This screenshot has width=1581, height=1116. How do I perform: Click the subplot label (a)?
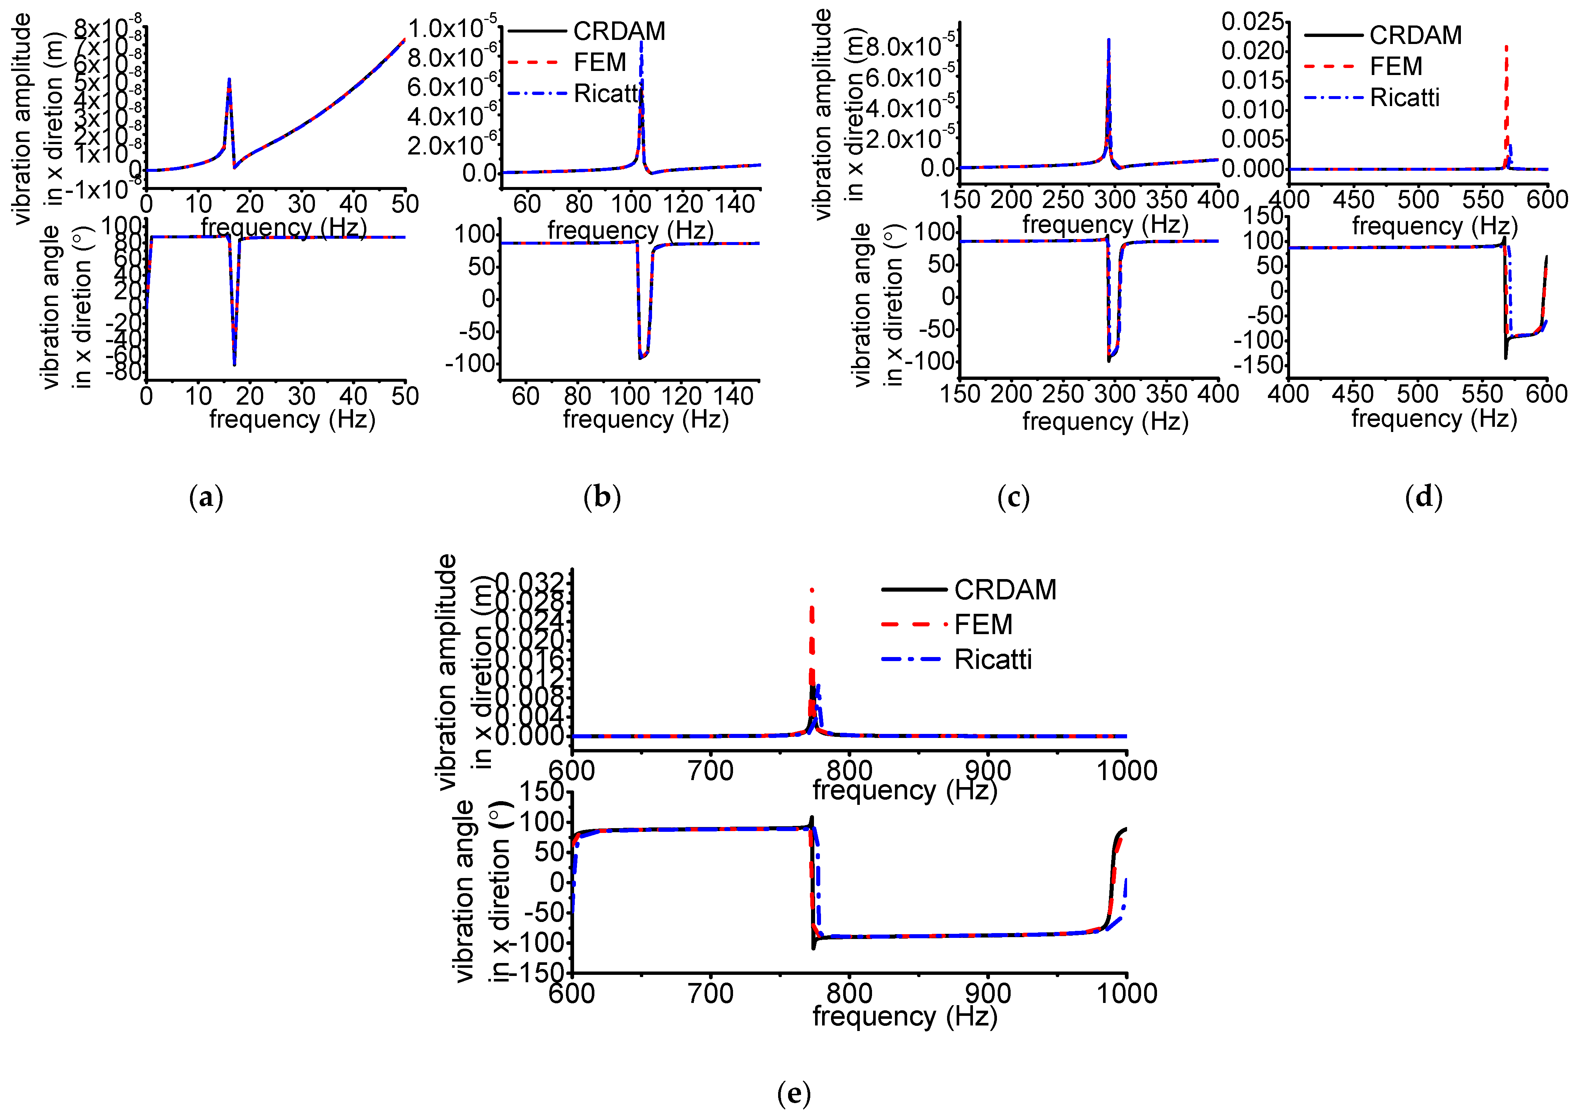tap(206, 497)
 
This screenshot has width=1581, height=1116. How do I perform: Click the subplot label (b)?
tap(602, 497)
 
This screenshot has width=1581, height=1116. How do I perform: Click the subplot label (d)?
tap(1423, 497)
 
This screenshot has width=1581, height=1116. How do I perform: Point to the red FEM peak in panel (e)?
tap(812, 591)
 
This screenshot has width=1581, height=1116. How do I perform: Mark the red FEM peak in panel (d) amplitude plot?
tap(1506, 48)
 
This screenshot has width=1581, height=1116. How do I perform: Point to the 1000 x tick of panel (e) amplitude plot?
tap(1127, 770)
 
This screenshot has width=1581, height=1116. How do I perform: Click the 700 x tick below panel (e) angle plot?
tap(710, 993)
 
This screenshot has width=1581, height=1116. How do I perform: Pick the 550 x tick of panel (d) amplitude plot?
tap(1483, 200)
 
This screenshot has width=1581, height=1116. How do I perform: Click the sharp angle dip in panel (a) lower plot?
tap(234, 364)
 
